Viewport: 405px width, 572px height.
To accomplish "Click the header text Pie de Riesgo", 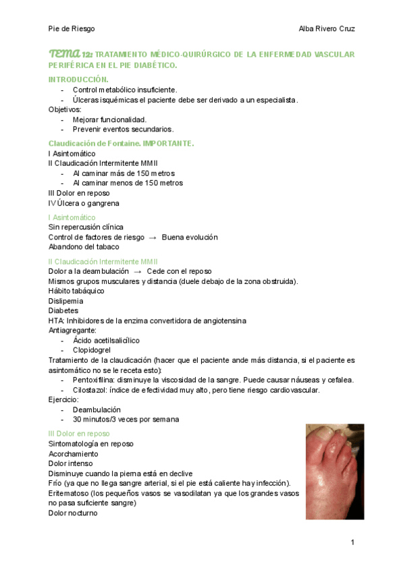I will coord(72,29).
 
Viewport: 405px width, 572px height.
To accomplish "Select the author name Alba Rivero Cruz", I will coord(327,29).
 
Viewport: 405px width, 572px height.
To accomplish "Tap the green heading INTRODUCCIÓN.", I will coord(78,80).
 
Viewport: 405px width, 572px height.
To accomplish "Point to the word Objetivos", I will coord(64,109).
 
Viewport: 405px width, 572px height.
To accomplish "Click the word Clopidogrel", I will coord(92,350).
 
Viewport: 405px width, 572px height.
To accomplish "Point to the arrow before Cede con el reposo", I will coord(138,271).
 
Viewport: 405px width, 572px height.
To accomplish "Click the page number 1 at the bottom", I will coord(352,543).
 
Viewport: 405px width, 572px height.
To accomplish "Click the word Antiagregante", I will coord(72,331).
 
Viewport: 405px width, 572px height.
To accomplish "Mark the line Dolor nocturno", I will coord(73,513).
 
